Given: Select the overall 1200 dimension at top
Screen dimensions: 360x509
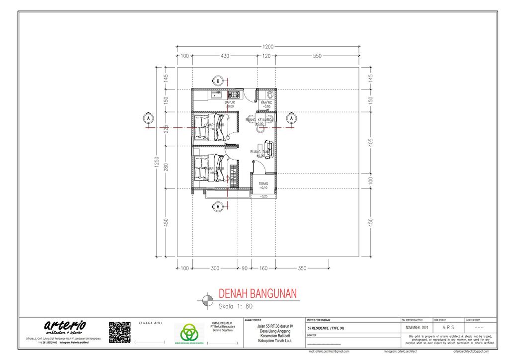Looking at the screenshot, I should pyautogui.click(x=267, y=47).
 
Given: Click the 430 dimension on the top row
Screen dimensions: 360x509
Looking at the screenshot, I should pyautogui.click(x=225, y=56).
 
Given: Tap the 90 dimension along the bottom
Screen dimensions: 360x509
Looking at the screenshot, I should pyautogui.click(x=244, y=269).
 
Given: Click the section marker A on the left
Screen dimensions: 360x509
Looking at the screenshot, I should pyautogui.click(x=148, y=118).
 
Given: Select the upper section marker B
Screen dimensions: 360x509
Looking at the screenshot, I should pyautogui.click(x=217, y=81).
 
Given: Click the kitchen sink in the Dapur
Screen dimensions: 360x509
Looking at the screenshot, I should pyautogui.click(x=216, y=94).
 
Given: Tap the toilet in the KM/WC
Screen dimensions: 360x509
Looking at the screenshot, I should pyautogui.click(x=270, y=94).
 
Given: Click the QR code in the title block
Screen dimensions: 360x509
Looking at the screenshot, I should pyautogui.click(x=119, y=332).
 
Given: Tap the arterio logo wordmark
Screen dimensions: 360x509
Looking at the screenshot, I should pyautogui.click(x=65, y=326).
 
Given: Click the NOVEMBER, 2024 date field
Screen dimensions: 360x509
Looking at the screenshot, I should pyautogui.click(x=416, y=328).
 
